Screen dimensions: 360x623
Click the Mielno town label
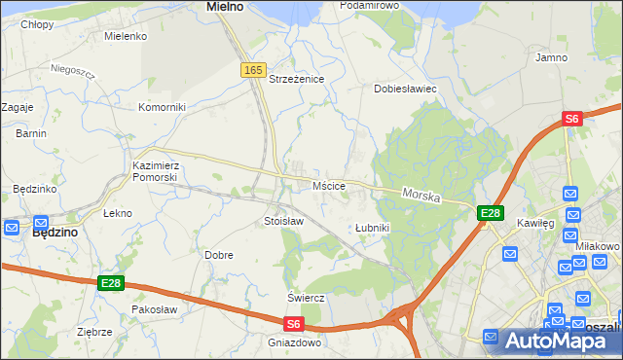pyautogui.click(x=225, y=7)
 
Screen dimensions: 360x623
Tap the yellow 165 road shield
pyautogui.click(x=253, y=70)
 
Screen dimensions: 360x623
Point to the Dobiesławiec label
pyautogui.click(x=406, y=89)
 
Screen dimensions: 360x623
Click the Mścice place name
pyautogui.click(x=328, y=185)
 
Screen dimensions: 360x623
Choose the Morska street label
pyautogui.click(x=421, y=197)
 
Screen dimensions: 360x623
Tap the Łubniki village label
pyautogui.click(x=372, y=228)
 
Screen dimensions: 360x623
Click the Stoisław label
pyautogui.click(x=284, y=221)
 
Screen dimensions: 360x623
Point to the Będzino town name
pyautogui.click(x=55, y=234)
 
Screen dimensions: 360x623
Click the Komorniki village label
pyautogui.click(x=162, y=107)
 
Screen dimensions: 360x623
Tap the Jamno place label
pyautogui.click(x=551, y=57)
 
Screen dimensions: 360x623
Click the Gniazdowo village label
pyautogui.click(x=294, y=342)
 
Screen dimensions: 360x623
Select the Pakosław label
pyautogui.click(x=154, y=309)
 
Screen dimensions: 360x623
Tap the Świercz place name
pyautogui.click(x=305, y=297)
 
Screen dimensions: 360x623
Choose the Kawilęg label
pyautogui.click(x=535, y=223)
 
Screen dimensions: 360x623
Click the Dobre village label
pyautogui.click(x=218, y=255)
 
